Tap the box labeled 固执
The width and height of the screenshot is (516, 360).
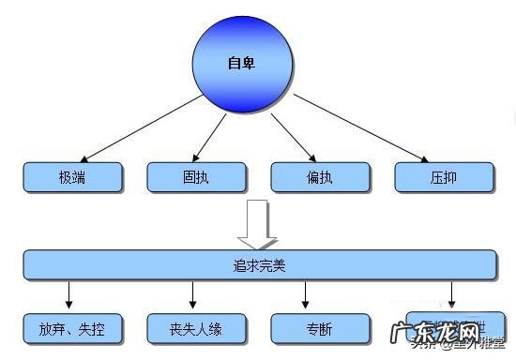point(197,175)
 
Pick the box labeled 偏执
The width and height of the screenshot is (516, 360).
point(321,175)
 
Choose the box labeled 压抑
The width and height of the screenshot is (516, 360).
point(445,175)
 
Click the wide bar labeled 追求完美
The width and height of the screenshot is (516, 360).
point(258,265)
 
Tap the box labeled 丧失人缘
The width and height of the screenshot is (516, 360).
point(197,328)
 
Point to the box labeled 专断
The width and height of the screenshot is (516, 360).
point(321,328)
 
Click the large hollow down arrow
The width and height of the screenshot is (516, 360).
point(257,220)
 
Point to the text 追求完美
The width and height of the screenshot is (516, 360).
point(258,265)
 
